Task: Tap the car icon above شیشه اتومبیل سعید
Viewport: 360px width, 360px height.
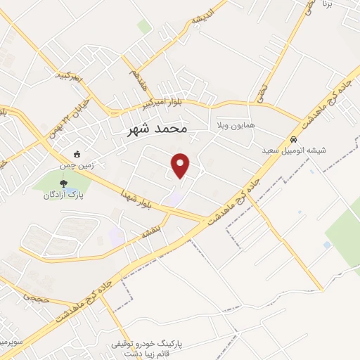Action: tap(290, 139)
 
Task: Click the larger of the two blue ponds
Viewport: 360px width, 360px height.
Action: tap(326, 245)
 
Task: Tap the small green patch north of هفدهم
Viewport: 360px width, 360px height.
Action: tap(144, 27)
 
